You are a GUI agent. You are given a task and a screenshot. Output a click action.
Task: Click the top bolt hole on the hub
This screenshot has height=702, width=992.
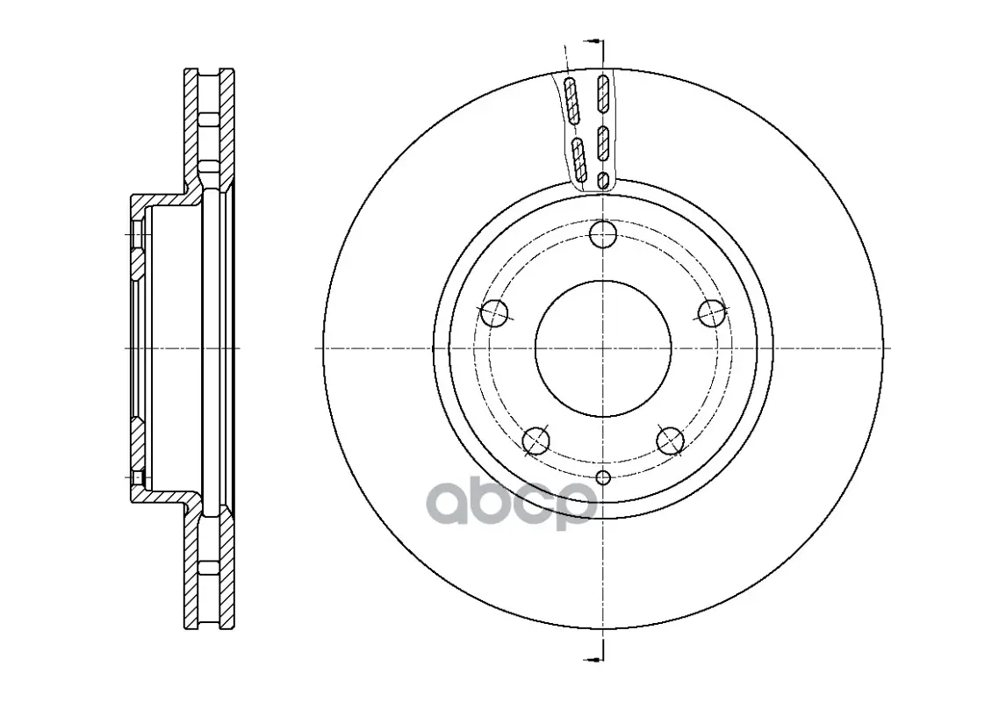(603, 234)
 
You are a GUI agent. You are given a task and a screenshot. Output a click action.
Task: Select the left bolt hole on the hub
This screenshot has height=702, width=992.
(495, 313)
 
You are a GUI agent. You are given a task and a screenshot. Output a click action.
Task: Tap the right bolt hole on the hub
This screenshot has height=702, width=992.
(712, 313)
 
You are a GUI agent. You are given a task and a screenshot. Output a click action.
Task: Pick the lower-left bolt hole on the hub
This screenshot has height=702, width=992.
(536, 441)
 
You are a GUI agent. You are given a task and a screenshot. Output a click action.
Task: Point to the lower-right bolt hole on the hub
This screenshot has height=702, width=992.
(670, 441)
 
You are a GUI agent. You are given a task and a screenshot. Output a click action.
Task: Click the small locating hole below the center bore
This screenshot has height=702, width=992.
(603, 477)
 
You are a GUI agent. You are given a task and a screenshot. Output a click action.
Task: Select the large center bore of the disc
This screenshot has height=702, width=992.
(603, 348)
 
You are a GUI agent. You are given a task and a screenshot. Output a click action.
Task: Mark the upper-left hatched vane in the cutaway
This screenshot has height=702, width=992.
(571, 99)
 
